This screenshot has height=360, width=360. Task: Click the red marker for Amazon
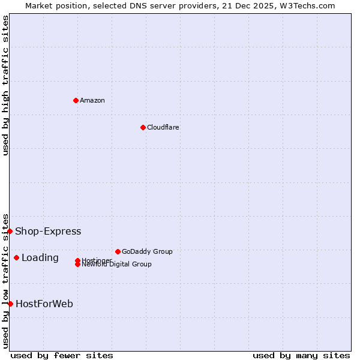point(76,100)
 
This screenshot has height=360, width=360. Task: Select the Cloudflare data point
point(143,127)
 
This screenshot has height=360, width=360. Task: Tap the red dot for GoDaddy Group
point(118,251)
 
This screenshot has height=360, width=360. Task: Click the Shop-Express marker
point(10,231)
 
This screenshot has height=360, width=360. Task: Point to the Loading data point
point(16,257)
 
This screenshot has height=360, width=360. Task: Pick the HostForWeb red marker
point(10,304)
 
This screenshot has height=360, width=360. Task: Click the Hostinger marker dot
point(77,260)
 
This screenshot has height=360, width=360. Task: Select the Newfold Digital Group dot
point(77,264)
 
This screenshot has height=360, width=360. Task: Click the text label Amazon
point(92,100)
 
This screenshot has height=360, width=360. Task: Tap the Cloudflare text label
point(163,127)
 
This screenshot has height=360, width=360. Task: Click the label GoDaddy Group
point(147,251)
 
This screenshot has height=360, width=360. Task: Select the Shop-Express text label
point(48,231)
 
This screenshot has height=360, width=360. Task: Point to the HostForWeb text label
point(44,304)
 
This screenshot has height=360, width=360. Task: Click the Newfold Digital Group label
point(116,265)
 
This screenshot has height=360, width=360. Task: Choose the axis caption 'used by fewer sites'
point(62,355)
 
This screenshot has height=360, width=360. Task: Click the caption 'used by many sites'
point(301,355)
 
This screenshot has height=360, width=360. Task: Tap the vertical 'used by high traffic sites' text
point(5,85)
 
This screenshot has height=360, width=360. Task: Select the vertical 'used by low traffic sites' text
point(5,280)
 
